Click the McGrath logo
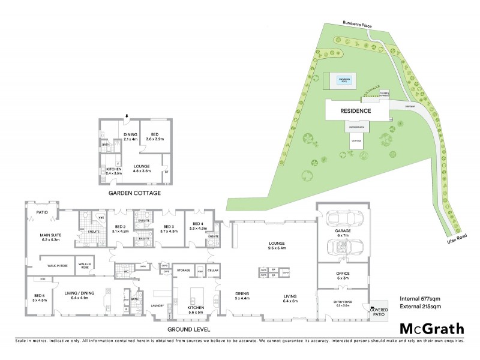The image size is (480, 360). pyautogui.click(x=431, y=328)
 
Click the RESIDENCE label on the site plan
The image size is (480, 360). pyautogui.click(x=356, y=111)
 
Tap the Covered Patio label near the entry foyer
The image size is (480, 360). pyautogui.click(x=380, y=310)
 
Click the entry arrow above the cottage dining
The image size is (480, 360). pyautogui.click(x=127, y=116)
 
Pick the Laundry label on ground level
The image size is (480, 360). pyautogui.click(x=159, y=305)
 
